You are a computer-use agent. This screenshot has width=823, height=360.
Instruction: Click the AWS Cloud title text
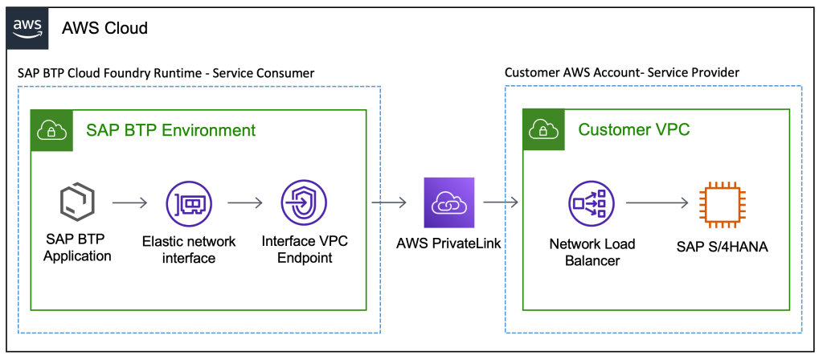tap(104, 28)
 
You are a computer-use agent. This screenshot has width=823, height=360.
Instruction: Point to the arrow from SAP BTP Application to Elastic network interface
tap(130, 204)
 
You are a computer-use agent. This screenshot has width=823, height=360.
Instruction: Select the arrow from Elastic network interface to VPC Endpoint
tap(245, 204)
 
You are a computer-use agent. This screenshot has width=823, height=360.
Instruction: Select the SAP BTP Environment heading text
tap(170, 130)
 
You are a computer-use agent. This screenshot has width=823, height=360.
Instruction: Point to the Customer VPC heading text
tap(634, 130)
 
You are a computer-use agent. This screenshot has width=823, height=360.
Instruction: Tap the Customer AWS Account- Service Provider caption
tap(621, 73)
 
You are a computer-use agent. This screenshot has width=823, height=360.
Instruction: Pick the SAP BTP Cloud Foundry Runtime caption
tap(166, 73)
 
